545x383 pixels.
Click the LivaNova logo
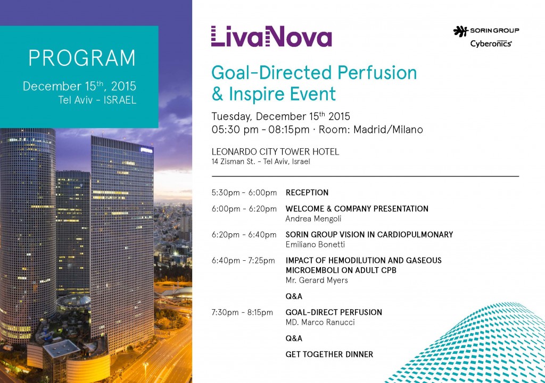271,36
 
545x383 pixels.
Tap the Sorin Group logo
486,31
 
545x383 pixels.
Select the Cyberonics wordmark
491,44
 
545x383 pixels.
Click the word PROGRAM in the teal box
81,58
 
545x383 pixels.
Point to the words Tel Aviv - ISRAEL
97,100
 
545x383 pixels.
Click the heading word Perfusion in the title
377,73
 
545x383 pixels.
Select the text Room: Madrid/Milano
370,130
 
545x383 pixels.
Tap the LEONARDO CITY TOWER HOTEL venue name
275,151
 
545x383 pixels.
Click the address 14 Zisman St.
233,161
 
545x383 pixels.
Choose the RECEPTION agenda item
307,192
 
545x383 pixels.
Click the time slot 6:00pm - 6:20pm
244,209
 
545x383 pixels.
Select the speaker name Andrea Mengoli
313,219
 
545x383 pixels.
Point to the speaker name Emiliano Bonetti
315,244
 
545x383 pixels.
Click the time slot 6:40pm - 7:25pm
243,260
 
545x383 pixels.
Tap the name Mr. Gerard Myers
317,280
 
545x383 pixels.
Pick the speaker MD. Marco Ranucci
320,322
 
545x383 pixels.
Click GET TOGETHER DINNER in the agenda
329,354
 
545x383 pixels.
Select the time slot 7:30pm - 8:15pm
242,312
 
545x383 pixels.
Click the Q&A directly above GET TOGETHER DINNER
294,338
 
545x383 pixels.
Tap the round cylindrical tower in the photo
28,236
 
